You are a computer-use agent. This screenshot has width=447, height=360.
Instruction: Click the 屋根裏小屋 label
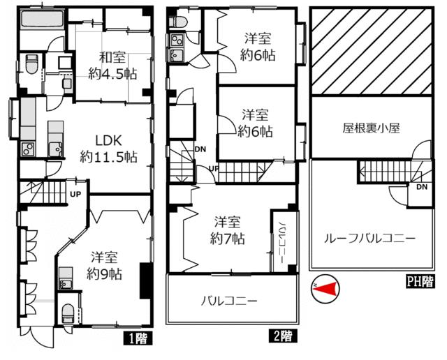click(x=370, y=129)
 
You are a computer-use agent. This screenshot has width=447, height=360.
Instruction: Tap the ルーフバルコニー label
click(x=369, y=238)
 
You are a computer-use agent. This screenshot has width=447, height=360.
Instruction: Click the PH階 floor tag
click(x=420, y=282)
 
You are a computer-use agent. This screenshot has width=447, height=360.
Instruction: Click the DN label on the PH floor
click(x=422, y=188)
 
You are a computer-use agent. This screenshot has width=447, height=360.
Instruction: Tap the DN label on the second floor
click(x=200, y=149)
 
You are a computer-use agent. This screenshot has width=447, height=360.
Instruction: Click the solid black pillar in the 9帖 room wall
click(x=146, y=282)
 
